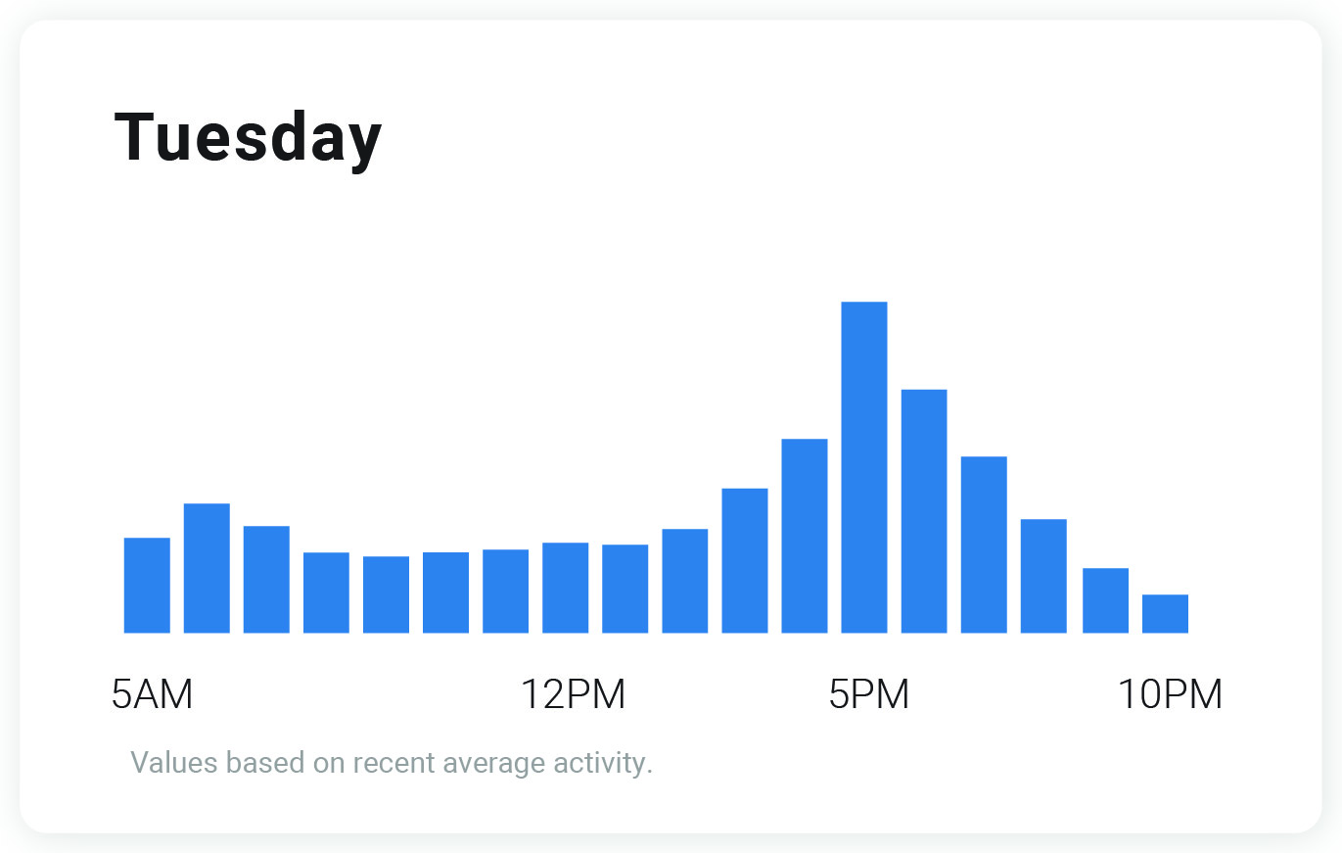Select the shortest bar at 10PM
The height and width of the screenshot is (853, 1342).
[x=1165, y=614]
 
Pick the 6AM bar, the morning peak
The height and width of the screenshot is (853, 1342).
[x=207, y=568]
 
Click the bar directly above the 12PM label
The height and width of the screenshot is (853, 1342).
[x=565, y=588]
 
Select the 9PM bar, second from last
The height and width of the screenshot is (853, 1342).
[x=1105, y=600]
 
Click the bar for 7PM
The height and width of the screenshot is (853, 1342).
[x=984, y=545]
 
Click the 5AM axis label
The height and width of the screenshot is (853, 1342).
[x=152, y=694]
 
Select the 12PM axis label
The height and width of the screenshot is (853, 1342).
[x=572, y=694]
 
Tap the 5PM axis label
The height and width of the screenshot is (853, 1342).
[x=869, y=694]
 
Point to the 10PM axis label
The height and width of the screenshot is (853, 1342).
[x=1170, y=694]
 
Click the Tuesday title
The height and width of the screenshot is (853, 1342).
[x=248, y=138]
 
